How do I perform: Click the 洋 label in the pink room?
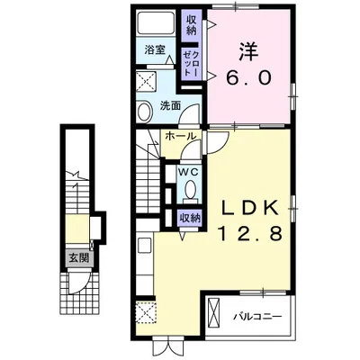click(x=248, y=51)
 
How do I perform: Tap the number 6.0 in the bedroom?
click(x=248, y=77)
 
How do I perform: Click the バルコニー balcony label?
click(x=258, y=317)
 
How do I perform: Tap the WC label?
click(x=188, y=172)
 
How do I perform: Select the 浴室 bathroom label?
click(x=155, y=49)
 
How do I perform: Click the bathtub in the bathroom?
click(x=156, y=22)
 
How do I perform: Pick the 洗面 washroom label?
click(x=170, y=105)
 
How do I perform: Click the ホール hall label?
click(x=181, y=137)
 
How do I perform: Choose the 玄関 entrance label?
click(x=79, y=257)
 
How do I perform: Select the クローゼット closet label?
click(x=191, y=63)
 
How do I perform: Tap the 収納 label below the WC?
click(x=190, y=219)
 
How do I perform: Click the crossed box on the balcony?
click(x=214, y=311)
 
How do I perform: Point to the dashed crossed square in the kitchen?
click(x=146, y=312)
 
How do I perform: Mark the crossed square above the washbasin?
click(x=147, y=82)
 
